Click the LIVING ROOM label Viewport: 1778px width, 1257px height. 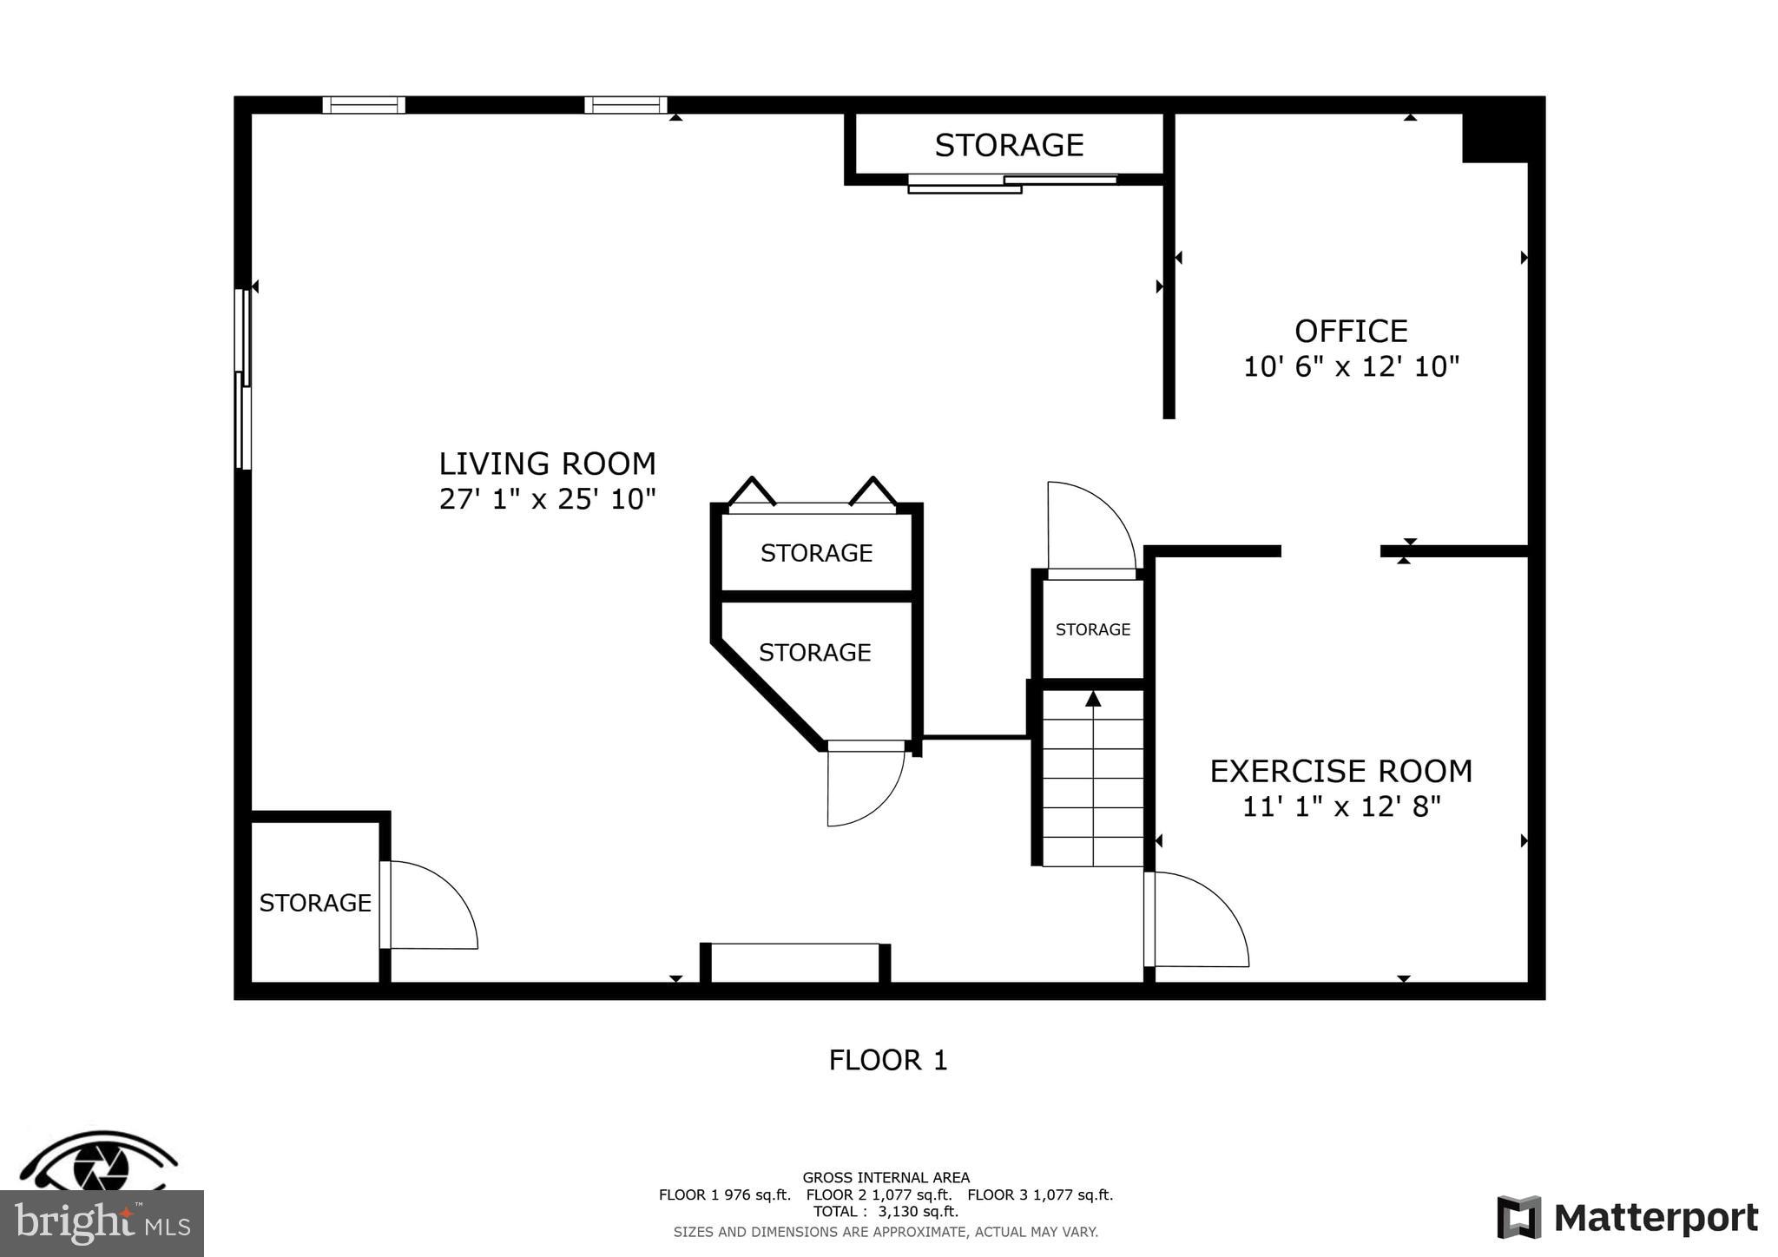[x=547, y=464]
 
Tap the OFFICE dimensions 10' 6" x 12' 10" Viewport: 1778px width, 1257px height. [x=1351, y=367]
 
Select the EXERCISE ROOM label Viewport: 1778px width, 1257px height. [x=1340, y=771]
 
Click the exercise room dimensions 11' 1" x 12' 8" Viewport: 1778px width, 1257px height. [x=1340, y=807]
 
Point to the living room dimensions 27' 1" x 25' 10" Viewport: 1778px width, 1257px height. [x=547, y=499]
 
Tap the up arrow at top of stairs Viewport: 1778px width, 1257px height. [x=1093, y=699]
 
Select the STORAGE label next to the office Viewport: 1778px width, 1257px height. [x=1009, y=145]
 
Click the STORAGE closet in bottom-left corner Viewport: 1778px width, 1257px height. [x=315, y=903]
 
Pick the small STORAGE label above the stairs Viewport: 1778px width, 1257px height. [x=1092, y=629]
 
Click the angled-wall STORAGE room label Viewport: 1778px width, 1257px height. [x=814, y=652]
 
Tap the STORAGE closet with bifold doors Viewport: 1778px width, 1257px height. [x=816, y=553]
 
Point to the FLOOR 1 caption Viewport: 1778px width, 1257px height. [x=887, y=1060]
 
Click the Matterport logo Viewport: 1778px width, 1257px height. [x=1627, y=1218]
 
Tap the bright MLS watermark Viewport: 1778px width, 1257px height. [x=102, y=1224]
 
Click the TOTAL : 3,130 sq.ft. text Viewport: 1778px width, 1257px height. [x=886, y=1212]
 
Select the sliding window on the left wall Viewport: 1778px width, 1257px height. [x=243, y=379]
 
